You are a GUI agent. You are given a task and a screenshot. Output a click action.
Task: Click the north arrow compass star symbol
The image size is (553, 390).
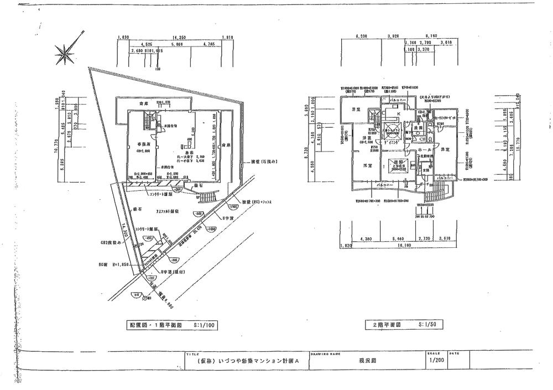(x=65, y=53)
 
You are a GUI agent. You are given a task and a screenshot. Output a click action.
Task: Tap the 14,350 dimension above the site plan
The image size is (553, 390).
(x=170, y=38)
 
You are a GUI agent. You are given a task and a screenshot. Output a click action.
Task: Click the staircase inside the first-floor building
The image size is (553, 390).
(x=148, y=119)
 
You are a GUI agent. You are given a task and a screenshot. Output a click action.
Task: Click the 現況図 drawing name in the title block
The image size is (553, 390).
(x=366, y=361)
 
